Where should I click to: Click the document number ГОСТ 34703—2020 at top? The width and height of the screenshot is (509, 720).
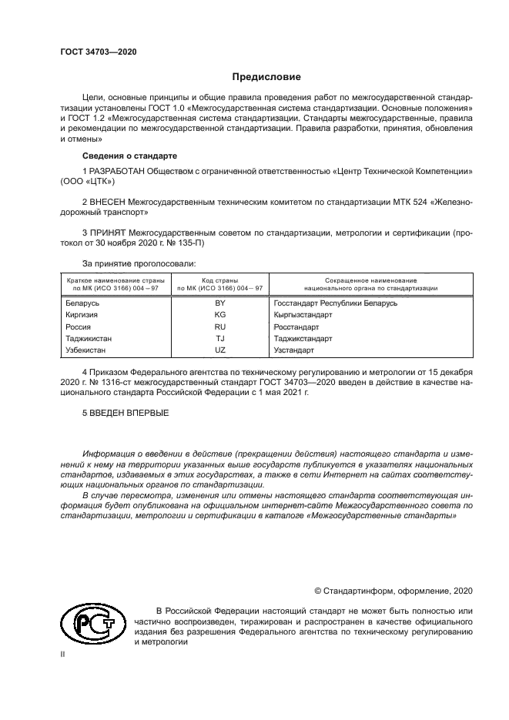[x=98, y=51]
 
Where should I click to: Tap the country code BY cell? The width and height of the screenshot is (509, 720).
[x=219, y=303]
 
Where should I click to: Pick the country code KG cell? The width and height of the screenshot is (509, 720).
[x=219, y=315]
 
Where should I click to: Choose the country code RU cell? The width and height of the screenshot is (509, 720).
[x=219, y=327]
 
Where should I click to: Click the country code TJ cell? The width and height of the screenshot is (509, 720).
[x=219, y=338]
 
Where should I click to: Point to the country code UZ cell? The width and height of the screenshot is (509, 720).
[x=219, y=350]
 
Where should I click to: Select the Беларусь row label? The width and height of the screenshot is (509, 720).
[x=84, y=303]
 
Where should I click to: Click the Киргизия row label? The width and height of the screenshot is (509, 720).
[x=84, y=315]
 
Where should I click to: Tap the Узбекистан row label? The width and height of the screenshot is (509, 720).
[x=89, y=350]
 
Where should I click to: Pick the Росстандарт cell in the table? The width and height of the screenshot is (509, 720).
[x=296, y=327]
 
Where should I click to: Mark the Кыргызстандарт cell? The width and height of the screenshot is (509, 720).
[x=303, y=315]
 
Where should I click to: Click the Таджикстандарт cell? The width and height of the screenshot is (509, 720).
[x=303, y=338]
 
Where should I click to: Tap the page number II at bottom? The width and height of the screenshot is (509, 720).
[x=63, y=654]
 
